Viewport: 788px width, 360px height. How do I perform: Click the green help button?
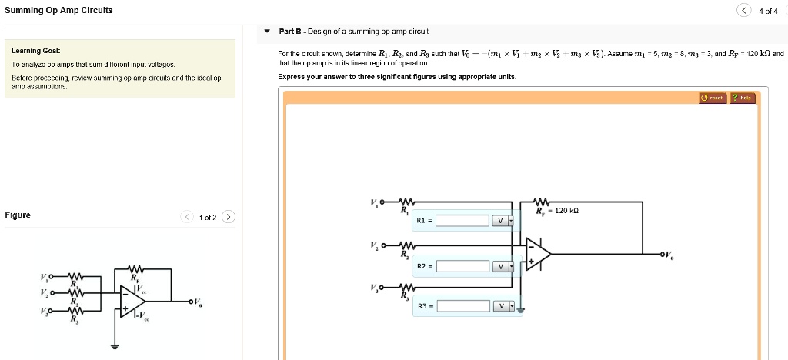point(743,98)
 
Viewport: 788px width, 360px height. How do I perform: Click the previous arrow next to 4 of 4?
point(743,11)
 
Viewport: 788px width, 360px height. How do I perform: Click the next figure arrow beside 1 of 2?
point(229,216)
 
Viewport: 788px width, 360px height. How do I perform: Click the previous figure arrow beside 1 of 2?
point(186,216)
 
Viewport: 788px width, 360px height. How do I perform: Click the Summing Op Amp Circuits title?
point(58,10)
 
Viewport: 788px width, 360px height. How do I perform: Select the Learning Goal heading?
point(31,51)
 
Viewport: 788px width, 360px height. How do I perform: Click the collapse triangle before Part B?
point(267,32)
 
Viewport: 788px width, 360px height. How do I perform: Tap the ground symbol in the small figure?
point(116,345)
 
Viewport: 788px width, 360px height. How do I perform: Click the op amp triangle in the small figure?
point(129,301)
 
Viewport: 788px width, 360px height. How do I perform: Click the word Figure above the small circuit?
point(18,215)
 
